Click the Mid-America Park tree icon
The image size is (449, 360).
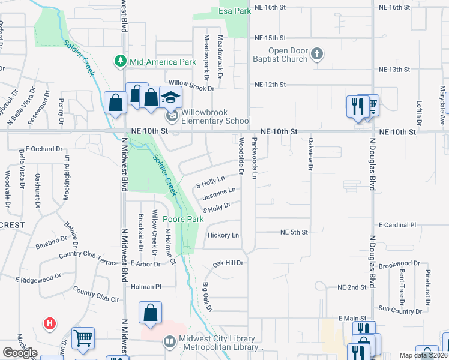click(x=121, y=61)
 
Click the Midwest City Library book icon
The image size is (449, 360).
click(x=170, y=341)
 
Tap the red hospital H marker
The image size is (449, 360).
click(x=50, y=324)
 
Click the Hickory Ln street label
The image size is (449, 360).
click(x=223, y=235)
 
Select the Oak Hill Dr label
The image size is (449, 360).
click(x=228, y=263)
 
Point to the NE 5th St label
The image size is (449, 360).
click(x=294, y=232)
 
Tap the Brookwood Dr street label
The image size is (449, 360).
click(x=400, y=264)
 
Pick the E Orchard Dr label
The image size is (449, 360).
click(x=40, y=149)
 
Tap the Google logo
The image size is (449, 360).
click(x=20, y=353)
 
